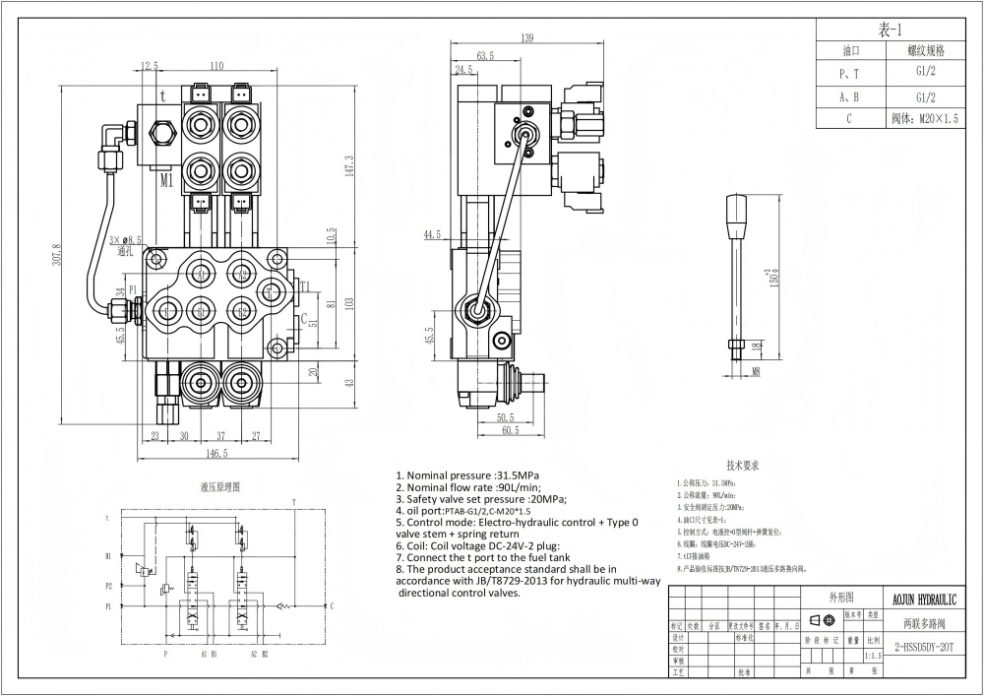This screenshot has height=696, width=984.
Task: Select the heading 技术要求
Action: pyautogui.click(x=743, y=465)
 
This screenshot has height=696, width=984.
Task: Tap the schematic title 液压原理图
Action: pyautogui.click(x=219, y=486)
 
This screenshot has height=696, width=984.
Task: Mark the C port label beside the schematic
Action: pyautogui.click(x=332, y=605)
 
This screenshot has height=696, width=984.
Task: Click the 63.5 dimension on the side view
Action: pyautogui.click(x=485, y=55)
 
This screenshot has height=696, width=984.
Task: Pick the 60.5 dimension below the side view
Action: pyautogui.click(x=509, y=431)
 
